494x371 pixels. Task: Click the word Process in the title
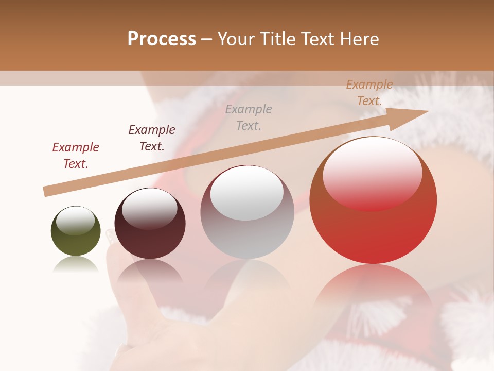pos(162,39)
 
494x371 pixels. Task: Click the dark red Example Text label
pos(76,155)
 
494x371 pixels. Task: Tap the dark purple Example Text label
pos(152,138)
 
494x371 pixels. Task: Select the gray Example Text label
pos(249,117)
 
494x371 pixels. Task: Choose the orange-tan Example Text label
pos(369,93)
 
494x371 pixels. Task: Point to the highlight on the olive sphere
pos(75,221)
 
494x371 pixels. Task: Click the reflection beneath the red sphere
pos(373,294)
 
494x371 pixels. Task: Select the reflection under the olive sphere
pos(76,265)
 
